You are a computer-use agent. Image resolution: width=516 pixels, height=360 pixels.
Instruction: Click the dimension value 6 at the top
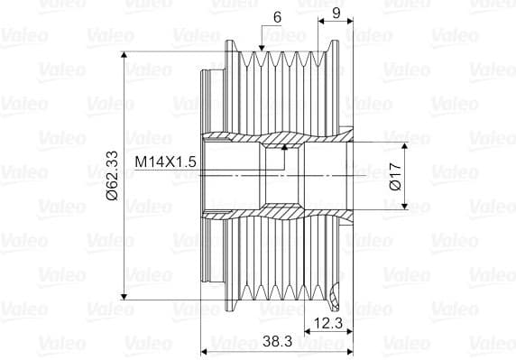278,17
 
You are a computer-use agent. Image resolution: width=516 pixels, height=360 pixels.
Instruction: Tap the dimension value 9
336,13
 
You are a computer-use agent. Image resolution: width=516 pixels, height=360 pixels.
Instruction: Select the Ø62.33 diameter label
112,175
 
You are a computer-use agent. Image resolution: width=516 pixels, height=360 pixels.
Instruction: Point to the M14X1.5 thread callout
165,162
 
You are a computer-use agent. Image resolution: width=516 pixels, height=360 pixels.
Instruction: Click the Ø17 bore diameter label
395,176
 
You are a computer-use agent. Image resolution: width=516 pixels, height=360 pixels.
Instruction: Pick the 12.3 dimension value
328,323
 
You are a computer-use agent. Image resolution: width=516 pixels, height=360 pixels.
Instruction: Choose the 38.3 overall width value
278,341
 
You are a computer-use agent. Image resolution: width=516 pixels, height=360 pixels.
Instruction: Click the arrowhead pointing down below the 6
262,48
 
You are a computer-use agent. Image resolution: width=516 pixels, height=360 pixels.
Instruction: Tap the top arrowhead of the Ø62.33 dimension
124,55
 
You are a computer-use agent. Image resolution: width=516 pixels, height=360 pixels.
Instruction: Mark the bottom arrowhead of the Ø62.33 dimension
124,297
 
